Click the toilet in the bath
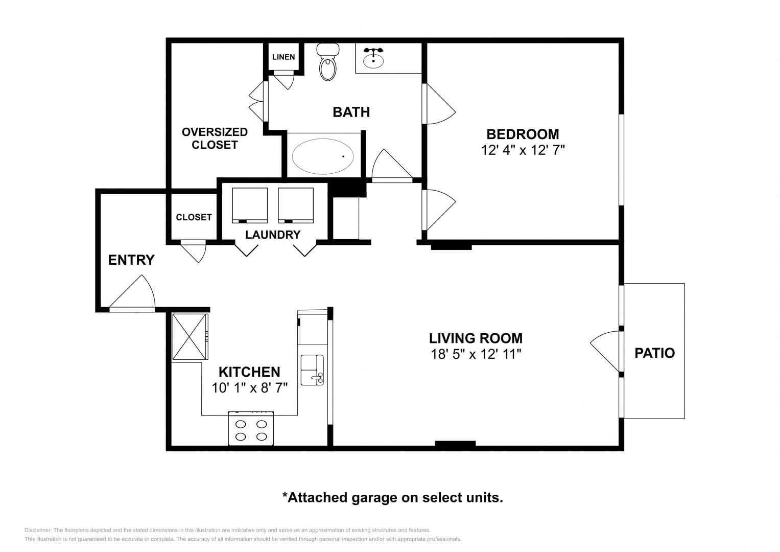pos(327,62)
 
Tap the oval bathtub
pos(323,156)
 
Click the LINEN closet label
pos(283,57)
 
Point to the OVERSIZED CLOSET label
pos(215,139)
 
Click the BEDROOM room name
pos(523,134)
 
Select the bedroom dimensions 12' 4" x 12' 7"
pos(523,150)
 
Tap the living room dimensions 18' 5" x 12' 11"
pos(476,354)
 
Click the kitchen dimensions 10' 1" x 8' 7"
pos(249,387)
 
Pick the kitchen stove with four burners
pos(251,428)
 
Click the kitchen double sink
pos(312,370)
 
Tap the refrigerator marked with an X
pos(190,337)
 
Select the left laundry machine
pos(250,205)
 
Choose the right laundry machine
pos(296,205)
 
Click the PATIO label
pos(655,353)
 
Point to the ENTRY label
pos(131,260)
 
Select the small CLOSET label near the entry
pos(194,217)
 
